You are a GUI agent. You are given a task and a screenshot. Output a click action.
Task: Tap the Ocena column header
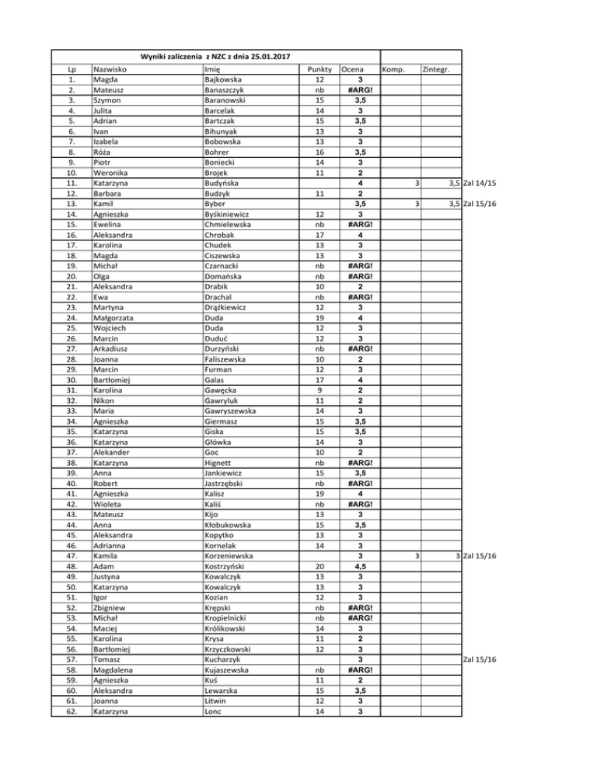[x=355, y=70]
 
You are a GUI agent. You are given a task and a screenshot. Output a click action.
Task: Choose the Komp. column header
[x=395, y=70]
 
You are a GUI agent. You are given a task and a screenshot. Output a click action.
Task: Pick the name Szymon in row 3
[x=108, y=100]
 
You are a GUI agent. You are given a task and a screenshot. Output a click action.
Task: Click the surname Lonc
[x=212, y=710]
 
